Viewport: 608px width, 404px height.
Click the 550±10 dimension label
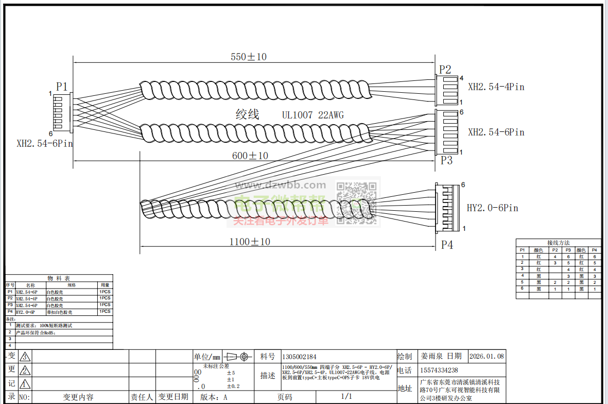(249, 57)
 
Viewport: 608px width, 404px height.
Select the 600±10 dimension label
(250, 156)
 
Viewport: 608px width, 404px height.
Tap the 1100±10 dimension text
(250, 241)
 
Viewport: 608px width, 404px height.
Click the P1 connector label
(62, 86)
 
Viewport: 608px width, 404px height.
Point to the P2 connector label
(445, 70)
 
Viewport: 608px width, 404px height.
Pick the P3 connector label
(446, 160)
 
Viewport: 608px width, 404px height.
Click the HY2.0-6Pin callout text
(492, 208)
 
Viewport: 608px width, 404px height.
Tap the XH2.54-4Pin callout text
(496, 87)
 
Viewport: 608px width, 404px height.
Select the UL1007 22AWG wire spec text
(312, 115)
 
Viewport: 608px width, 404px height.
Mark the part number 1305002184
(299, 357)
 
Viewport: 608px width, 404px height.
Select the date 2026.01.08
(487, 356)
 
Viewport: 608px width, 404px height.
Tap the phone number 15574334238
(439, 370)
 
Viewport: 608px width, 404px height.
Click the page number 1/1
(346, 396)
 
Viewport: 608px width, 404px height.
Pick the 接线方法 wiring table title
(558, 242)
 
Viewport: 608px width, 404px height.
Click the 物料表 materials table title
(59, 278)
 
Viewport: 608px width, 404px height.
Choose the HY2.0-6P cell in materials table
(25, 312)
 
